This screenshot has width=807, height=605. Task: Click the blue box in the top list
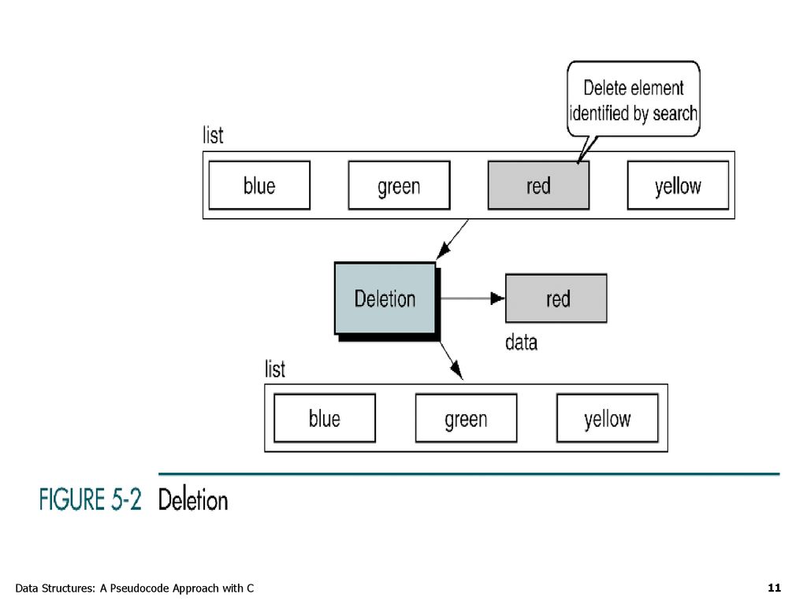259,185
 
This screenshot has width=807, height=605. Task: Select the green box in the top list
399,185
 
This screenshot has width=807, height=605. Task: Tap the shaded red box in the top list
538,185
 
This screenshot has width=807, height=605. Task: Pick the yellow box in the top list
678,185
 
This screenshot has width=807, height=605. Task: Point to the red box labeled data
556,299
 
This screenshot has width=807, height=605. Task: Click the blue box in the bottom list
325,418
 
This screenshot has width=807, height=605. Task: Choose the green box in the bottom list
466,418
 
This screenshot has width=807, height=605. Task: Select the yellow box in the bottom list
608,418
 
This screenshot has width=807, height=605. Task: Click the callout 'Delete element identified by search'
634,99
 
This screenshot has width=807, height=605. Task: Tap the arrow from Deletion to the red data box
473,299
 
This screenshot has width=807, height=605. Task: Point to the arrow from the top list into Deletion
452,239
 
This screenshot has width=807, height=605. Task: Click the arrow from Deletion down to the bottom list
452,361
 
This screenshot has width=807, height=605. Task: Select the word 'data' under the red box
521,342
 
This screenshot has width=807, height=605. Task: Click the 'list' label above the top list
213,135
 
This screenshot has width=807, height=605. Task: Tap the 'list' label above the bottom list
275,369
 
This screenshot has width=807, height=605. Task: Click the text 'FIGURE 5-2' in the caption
90,499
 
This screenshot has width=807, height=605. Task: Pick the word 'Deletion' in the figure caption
193,499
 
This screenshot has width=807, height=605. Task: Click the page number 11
774,588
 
